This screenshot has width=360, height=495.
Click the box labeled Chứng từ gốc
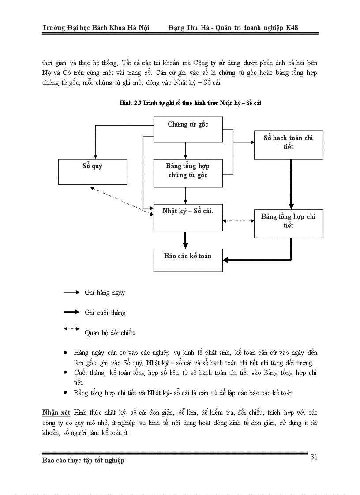pos(188,130)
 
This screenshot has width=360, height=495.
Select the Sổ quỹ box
pos(93,172)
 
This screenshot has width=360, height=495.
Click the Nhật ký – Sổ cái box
pos(188,217)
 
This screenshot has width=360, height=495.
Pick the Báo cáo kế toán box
pos(188,260)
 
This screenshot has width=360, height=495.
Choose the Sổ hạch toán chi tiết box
pos(289,145)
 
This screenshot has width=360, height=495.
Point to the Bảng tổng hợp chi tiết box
pos(289,223)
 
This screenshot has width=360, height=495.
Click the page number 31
pos(314,457)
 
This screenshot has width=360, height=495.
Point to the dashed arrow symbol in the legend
pos(71,329)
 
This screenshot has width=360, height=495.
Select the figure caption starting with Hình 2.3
pos(192,102)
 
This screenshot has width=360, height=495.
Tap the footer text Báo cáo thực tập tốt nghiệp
pos(83,461)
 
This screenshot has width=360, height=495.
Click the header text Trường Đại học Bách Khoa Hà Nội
pos(96,28)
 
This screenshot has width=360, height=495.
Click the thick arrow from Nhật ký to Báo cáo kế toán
pos(185,240)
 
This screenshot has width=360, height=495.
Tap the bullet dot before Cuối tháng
pos(65,372)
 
